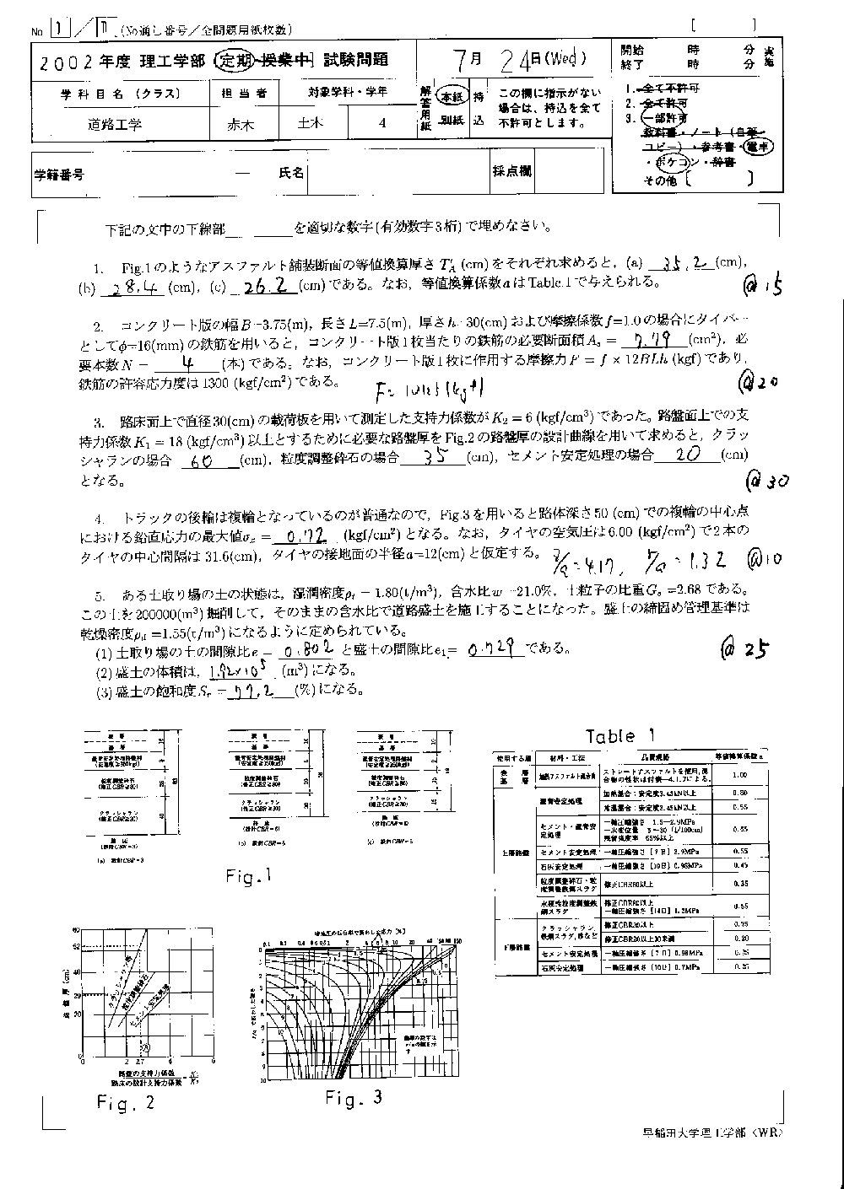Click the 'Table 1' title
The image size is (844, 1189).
tap(621, 735)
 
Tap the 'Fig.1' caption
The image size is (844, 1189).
tap(251, 877)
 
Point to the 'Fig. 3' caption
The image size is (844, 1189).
tap(354, 1097)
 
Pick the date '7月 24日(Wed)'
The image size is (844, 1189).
tap(519, 60)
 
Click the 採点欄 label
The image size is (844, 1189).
tap(512, 172)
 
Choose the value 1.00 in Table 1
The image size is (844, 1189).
tap(740, 774)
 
